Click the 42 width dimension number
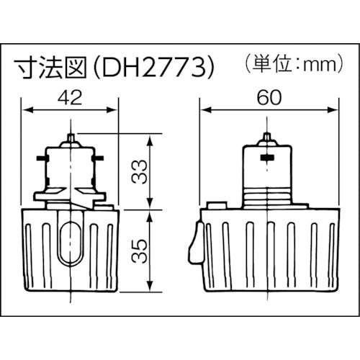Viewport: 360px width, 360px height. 70,96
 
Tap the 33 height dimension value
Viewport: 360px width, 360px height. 141,171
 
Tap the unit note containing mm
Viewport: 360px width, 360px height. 288,64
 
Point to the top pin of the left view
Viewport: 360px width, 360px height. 70,136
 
